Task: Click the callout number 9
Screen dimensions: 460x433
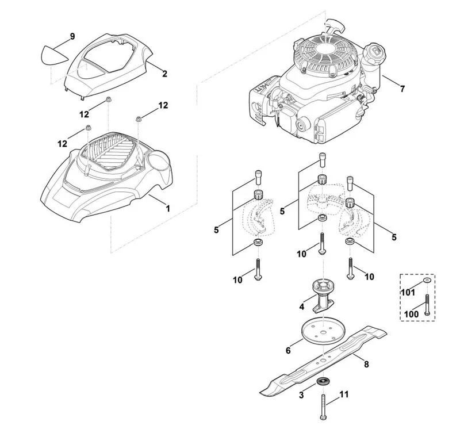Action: pyautogui.click(x=72, y=37)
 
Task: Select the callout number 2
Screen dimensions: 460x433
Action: pyautogui.click(x=164, y=74)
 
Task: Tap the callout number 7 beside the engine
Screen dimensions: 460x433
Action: pyautogui.click(x=402, y=89)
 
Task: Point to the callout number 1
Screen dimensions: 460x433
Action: pyautogui.click(x=168, y=209)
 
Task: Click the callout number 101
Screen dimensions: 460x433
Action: pyautogui.click(x=408, y=293)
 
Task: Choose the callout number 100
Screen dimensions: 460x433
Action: pyautogui.click(x=411, y=314)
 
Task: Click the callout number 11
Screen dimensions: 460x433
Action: pyautogui.click(x=344, y=394)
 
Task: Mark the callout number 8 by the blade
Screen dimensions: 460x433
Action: pyautogui.click(x=366, y=365)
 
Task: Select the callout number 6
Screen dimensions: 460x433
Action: pyautogui.click(x=288, y=350)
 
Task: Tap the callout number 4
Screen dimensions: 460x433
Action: pyautogui.click(x=301, y=307)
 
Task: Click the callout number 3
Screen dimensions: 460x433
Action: pyautogui.click(x=301, y=395)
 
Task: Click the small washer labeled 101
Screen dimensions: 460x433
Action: pyautogui.click(x=427, y=281)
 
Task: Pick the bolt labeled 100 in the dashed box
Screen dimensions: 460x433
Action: pyautogui.click(x=427, y=305)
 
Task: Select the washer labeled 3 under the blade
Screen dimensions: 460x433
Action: pyautogui.click(x=323, y=382)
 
